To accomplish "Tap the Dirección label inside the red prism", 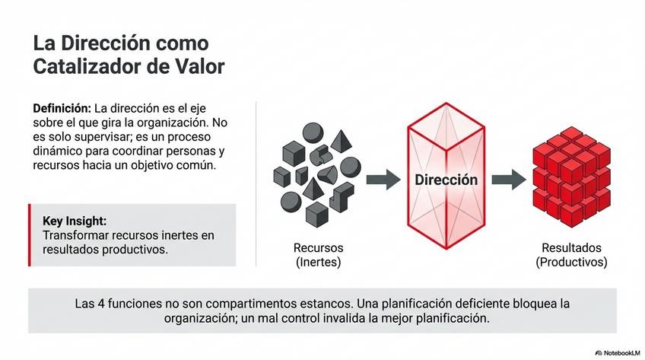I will click(446, 180).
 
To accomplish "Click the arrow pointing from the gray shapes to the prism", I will click(383, 180).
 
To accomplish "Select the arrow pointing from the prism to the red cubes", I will click(508, 180).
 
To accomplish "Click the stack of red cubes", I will click(571, 174).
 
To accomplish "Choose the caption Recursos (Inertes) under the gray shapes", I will click(318, 255).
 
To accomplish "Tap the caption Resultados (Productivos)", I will click(571, 255).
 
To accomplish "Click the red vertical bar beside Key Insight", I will click(30, 234).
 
